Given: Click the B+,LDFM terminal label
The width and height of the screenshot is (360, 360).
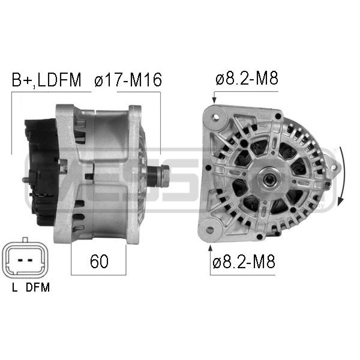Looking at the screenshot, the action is (46, 80).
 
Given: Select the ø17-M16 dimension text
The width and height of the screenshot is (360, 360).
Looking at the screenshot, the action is (128, 80).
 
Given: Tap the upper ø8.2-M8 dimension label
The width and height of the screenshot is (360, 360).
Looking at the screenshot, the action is (247, 78).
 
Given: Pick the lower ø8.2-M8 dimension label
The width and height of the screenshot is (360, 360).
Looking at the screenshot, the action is (244, 262).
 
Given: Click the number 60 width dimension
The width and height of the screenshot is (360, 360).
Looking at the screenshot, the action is (99, 261).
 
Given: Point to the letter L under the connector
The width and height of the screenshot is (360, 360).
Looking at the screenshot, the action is (14, 287).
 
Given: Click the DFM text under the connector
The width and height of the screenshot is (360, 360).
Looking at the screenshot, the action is (38, 287).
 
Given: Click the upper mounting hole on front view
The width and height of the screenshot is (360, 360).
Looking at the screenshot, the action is (216, 117).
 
